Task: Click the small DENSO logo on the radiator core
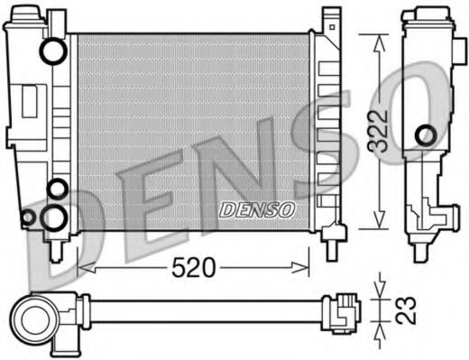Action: (x=258, y=209)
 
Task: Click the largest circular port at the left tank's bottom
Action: (x=55, y=217)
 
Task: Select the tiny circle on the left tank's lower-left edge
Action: (x=27, y=217)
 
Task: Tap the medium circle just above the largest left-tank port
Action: (x=56, y=189)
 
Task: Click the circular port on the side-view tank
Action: (x=424, y=136)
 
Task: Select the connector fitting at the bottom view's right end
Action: (x=345, y=312)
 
